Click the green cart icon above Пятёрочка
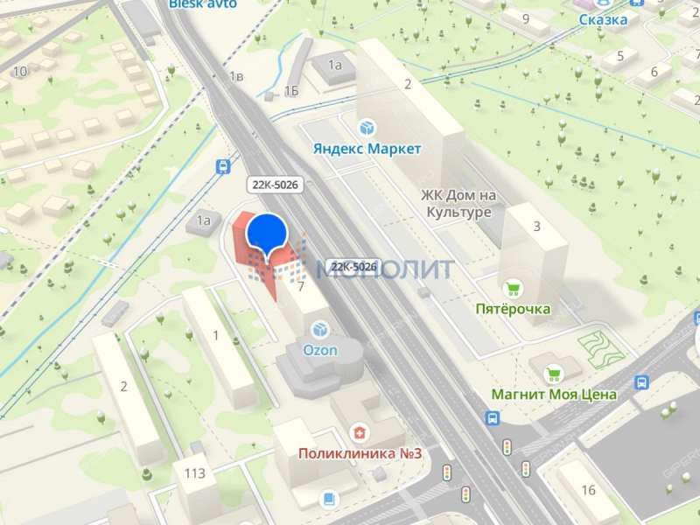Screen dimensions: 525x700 coord(513,288)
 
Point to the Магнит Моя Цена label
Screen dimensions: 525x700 coord(553,395)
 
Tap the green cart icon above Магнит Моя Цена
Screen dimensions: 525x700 coord(553,374)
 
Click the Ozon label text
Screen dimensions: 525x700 coord(320,349)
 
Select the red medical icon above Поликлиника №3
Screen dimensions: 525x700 coord(358,432)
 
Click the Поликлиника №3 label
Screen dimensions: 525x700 coord(360,453)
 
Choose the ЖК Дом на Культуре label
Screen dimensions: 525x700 coord(458,204)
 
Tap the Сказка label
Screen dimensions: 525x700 coord(603,19)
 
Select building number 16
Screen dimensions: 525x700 coord(588,490)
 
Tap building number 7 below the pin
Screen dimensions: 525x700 coord(300,286)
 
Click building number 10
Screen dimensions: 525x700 coord(19,71)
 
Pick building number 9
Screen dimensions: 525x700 coord(526,18)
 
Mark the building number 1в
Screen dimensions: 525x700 coord(234,77)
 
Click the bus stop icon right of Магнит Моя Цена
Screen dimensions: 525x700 coord(641,382)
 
